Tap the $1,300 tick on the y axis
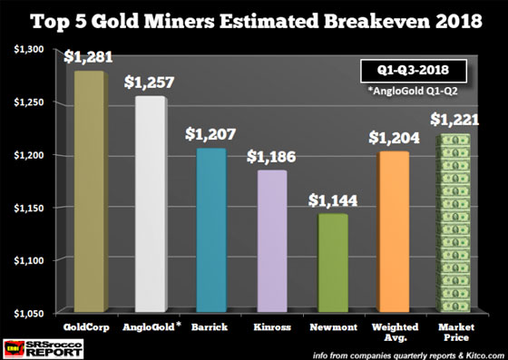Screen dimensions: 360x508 point(29,51)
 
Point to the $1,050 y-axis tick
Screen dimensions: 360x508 point(29,312)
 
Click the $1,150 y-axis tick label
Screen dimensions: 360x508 point(29,208)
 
